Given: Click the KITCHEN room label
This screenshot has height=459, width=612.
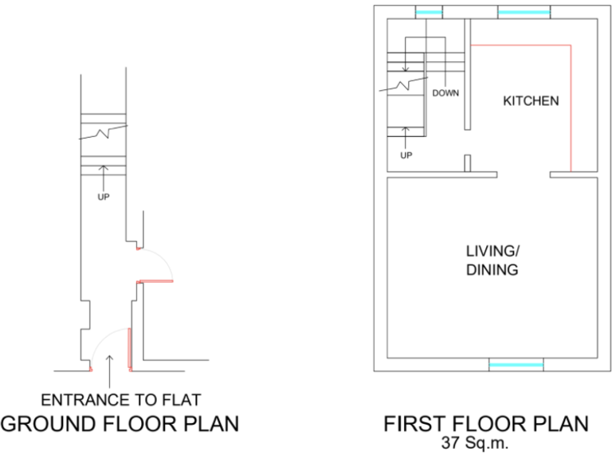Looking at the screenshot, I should click(x=530, y=101).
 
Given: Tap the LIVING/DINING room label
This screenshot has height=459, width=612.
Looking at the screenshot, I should click(x=492, y=260).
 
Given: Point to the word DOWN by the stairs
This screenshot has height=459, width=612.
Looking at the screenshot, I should click(x=445, y=93).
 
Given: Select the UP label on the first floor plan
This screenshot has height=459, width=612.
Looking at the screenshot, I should click(x=406, y=155).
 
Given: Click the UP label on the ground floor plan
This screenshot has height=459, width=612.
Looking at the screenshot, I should click(x=103, y=197).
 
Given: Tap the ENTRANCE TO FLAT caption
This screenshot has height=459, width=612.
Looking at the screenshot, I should click(x=121, y=399).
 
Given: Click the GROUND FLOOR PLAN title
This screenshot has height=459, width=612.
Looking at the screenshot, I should click(x=120, y=423).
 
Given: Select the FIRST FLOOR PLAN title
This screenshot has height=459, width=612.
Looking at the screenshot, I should click(x=486, y=423).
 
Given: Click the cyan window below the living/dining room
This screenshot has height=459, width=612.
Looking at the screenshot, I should click(x=516, y=365).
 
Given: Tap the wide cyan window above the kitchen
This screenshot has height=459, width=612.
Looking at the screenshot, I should click(x=524, y=12).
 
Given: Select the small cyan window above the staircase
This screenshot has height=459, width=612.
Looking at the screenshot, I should click(x=429, y=12).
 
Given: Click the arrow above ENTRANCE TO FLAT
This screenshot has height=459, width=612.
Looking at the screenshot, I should click(x=109, y=363).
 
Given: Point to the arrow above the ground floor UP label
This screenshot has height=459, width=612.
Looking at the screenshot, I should click(x=103, y=175).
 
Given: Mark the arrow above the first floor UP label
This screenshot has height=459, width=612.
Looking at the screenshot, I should click(x=406, y=135).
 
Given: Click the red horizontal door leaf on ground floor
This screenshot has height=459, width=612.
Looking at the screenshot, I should click(x=156, y=280).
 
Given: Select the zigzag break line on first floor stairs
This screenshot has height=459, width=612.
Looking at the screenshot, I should click(x=407, y=82).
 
